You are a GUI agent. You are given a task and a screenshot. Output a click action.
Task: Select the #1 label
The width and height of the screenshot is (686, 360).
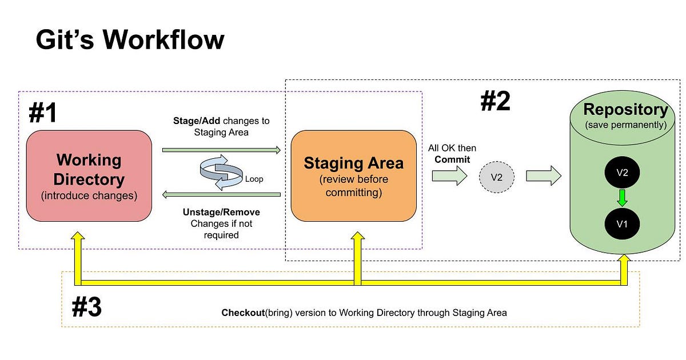coord(43,114)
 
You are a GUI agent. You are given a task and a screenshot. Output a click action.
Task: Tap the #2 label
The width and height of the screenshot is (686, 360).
coord(494,101)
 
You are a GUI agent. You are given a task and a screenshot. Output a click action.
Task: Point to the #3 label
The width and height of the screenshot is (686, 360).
coord(86,307)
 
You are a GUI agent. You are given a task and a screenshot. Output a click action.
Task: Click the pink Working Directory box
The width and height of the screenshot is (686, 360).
coord(88,176)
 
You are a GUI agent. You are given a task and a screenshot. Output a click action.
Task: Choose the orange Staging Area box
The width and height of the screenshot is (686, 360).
coord(353,176)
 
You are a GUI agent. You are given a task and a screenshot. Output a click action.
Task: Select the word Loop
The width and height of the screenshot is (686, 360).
coord(254,179)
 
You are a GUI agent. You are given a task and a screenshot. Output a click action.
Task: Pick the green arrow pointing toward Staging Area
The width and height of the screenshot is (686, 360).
coord(221,150)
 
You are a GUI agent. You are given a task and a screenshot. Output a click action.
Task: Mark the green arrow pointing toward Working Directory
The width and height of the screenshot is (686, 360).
coord(221,195)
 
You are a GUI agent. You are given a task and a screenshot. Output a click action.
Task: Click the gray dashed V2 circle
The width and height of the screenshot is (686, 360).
coord(496,177)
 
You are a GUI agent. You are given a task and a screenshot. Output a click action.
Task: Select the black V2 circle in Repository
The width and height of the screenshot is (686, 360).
coord(622,173)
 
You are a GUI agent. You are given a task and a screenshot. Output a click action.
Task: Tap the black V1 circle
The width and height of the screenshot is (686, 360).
coord(622,224)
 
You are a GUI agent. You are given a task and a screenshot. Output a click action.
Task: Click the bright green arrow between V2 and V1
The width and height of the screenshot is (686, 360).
coord(622,198)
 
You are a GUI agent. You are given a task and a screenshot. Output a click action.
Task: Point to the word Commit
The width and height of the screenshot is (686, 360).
coord(452,159)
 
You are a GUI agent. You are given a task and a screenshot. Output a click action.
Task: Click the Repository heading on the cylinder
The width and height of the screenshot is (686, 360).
coord(625,110)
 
